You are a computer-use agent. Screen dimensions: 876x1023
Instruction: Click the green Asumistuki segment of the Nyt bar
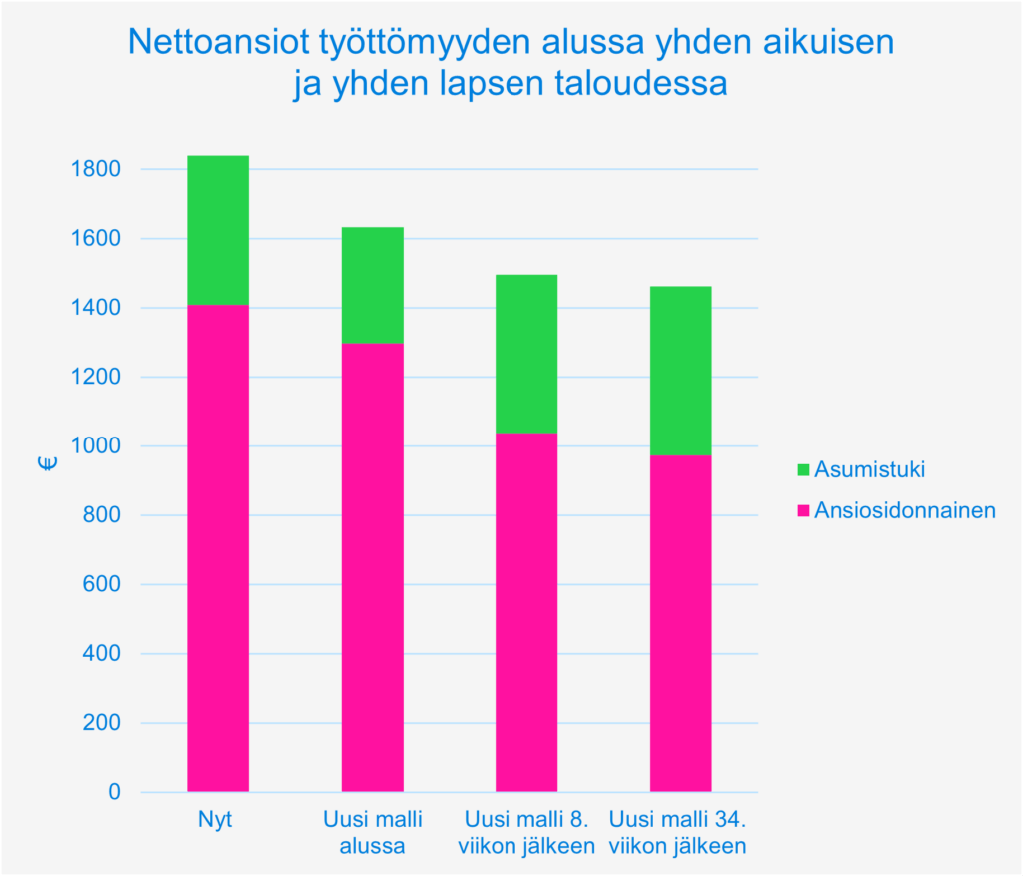(x=218, y=230)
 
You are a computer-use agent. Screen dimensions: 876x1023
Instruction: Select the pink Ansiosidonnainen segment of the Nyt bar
(x=218, y=549)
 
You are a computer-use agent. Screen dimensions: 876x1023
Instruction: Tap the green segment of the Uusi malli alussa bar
(x=373, y=285)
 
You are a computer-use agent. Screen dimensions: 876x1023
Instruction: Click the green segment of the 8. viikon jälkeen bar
(x=526, y=354)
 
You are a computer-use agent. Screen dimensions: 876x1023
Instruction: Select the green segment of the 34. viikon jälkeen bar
(x=680, y=371)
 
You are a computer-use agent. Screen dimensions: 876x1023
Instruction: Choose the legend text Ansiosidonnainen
(x=905, y=511)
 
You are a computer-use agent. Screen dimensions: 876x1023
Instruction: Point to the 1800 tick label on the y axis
(x=98, y=169)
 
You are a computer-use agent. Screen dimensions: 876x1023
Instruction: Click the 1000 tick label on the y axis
(x=98, y=446)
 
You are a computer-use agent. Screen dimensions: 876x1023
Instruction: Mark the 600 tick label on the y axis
(x=103, y=585)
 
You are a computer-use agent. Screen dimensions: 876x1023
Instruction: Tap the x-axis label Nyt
(x=217, y=821)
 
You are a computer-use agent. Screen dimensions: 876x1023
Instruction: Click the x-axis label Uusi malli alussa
(x=373, y=833)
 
